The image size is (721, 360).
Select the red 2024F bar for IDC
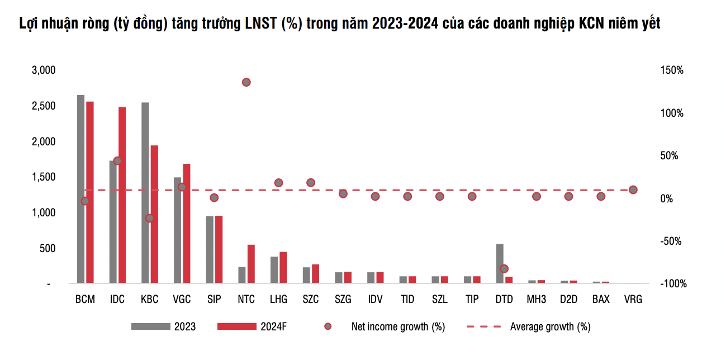pos(122,195)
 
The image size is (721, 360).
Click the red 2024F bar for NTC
pos(251,264)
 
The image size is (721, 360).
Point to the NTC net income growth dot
pos(246,82)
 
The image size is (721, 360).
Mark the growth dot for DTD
pos(504,269)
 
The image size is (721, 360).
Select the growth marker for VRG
pos(633,190)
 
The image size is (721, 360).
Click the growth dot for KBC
pos(150,218)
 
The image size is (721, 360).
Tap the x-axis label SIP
pos(214,300)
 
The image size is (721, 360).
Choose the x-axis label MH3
pos(536,300)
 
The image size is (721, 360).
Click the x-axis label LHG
pos(278,300)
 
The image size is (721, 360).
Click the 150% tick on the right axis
pos(672,70)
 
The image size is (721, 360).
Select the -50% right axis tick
pos(672,241)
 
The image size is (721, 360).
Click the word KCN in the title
pos(586,24)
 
